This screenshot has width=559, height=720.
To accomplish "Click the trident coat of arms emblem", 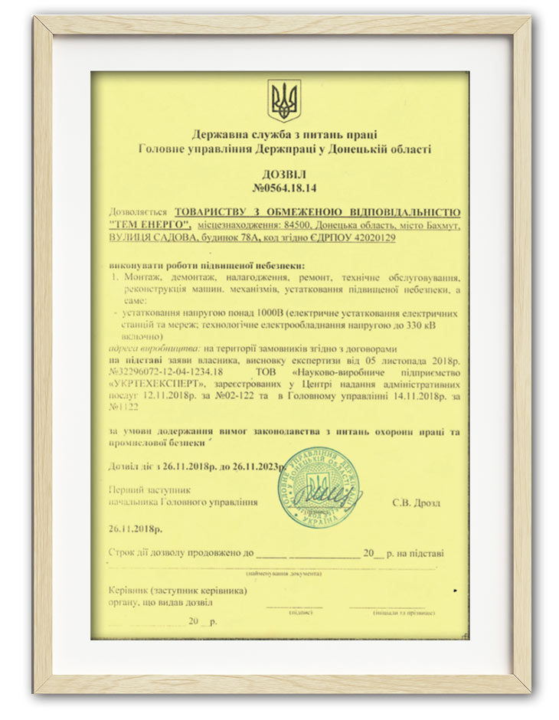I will [284, 100].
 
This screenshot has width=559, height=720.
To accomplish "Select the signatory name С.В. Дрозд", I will [417, 502].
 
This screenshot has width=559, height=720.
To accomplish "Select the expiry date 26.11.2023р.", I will [245, 466].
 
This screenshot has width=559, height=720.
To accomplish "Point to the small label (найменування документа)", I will [283, 573].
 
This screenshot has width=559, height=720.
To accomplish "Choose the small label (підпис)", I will [298, 613].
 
